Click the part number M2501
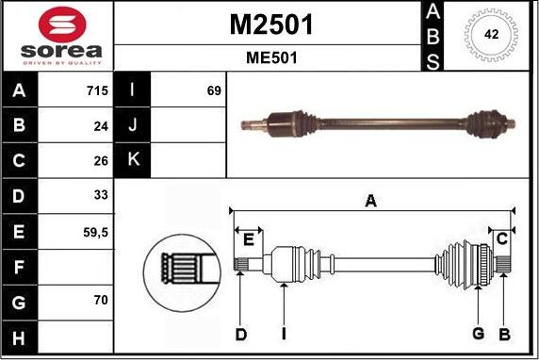point(271,25)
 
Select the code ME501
point(271,57)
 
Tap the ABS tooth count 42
point(491,33)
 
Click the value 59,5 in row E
point(96,230)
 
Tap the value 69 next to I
point(213,91)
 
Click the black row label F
point(20,266)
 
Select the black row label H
point(20,335)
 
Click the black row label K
point(132,160)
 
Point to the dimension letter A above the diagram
point(370,200)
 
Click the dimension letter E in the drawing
point(248,239)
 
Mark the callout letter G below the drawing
point(478,334)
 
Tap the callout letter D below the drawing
point(240,334)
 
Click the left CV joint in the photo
point(284,122)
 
